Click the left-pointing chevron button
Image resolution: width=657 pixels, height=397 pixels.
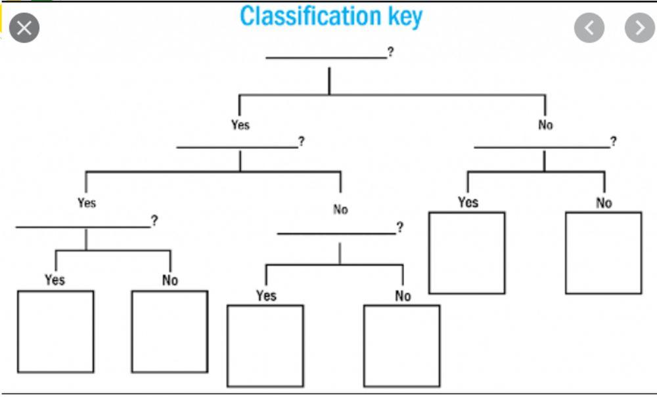pos(589,28)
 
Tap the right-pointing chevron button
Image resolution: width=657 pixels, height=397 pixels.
pos(639,28)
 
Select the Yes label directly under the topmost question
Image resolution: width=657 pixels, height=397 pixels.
pos(240,125)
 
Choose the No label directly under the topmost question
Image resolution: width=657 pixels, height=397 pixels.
pos(545,125)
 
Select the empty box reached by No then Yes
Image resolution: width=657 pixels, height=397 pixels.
pos(467,253)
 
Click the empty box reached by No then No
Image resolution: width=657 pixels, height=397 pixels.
pos(603,253)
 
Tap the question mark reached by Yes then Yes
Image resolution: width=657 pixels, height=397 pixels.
pos(154,221)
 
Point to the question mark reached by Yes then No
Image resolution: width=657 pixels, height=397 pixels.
pos(399,228)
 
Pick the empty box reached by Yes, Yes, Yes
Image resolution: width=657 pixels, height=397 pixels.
pos(56,331)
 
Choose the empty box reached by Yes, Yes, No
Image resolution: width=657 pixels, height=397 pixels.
pos(170,331)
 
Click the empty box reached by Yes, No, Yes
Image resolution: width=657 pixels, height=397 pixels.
pos(265,346)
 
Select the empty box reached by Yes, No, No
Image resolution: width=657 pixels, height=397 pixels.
pos(401,346)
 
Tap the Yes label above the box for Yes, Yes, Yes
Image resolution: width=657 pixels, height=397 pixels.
pos(55,280)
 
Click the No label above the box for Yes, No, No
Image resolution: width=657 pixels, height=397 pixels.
pos(403,296)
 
